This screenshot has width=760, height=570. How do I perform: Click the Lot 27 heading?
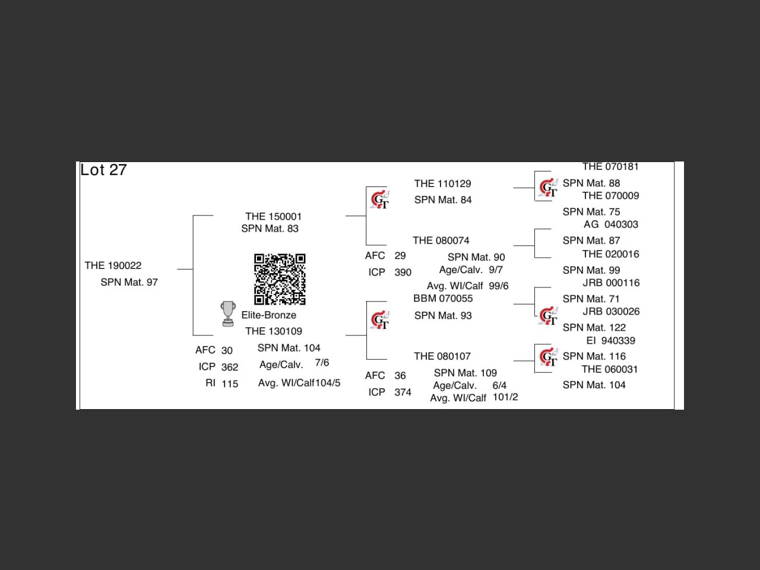click(x=103, y=170)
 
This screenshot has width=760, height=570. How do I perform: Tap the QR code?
click(x=280, y=279)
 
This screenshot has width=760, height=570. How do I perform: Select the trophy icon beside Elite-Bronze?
click(x=227, y=314)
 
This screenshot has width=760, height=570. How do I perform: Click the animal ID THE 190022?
click(x=113, y=265)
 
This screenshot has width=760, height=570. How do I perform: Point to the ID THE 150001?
click(x=273, y=216)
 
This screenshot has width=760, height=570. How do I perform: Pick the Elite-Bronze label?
click(x=268, y=315)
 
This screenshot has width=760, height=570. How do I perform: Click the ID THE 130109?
click(x=273, y=331)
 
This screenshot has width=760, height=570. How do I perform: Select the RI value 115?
click(x=230, y=384)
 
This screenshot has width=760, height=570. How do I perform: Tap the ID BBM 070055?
click(x=443, y=299)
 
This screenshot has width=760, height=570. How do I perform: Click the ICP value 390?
click(x=403, y=273)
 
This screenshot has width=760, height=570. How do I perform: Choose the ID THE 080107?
click(x=442, y=356)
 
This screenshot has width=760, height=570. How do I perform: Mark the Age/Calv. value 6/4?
click(x=499, y=385)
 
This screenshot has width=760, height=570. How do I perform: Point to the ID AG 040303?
click(x=611, y=224)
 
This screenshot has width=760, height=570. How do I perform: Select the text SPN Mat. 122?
click(x=594, y=327)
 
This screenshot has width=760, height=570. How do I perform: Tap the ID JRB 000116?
click(x=611, y=283)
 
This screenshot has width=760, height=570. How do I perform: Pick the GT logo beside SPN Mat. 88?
click(x=548, y=188)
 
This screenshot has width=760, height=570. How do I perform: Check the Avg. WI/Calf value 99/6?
click(x=499, y=286)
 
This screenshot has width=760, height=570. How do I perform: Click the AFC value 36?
click(x=400, y=376)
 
